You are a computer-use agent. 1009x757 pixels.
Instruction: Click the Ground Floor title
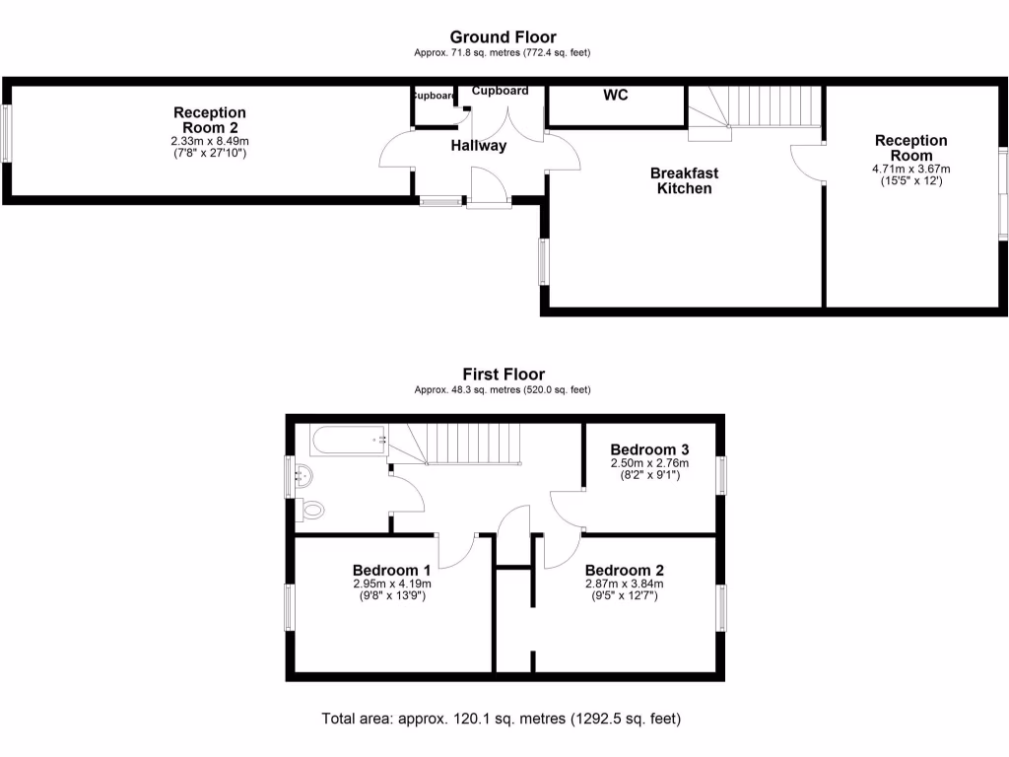click(504, 37)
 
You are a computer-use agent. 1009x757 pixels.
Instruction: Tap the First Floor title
click(504, 375)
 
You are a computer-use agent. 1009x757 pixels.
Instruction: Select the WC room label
click(616, 96)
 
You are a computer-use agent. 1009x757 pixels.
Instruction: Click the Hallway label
click(479, 146)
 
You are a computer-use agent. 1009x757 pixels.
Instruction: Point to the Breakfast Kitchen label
click(684, 180)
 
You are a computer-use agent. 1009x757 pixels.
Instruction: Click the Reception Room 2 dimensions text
click(209, 147)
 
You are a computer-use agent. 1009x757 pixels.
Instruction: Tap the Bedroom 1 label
click(391, 570)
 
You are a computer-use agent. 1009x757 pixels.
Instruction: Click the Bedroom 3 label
click(649, 449)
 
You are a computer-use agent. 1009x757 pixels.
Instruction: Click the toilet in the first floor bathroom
click(311, 511)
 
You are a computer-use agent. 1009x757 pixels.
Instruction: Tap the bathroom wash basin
click(302, 476)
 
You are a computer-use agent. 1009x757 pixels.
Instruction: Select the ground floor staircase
click(754, 105)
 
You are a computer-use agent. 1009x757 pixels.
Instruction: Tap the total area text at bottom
click(502, 719)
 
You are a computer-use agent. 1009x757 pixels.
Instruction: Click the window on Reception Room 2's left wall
click(6, 133)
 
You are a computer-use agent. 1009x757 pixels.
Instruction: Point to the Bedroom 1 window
click(290, 606)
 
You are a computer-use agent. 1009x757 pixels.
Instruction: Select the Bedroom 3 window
click(722, 475)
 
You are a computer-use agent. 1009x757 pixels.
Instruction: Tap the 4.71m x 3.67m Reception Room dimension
click(910, 169)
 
